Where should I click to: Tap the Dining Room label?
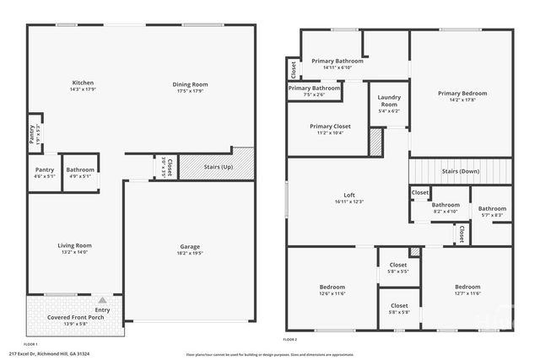190,84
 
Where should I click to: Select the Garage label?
189,246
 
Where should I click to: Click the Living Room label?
74,245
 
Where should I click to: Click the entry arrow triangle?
102,299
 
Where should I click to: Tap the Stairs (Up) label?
219,166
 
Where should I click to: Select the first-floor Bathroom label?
80,169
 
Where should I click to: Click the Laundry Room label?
389,101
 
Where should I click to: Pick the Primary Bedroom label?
462,94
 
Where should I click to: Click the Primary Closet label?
331,126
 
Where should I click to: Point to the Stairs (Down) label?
461,171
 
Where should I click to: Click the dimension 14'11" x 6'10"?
337,67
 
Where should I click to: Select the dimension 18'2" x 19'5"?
189,253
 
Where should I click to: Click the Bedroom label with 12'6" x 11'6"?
331,287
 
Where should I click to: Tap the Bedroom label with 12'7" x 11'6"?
467,287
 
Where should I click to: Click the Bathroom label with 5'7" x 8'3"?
492,209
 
